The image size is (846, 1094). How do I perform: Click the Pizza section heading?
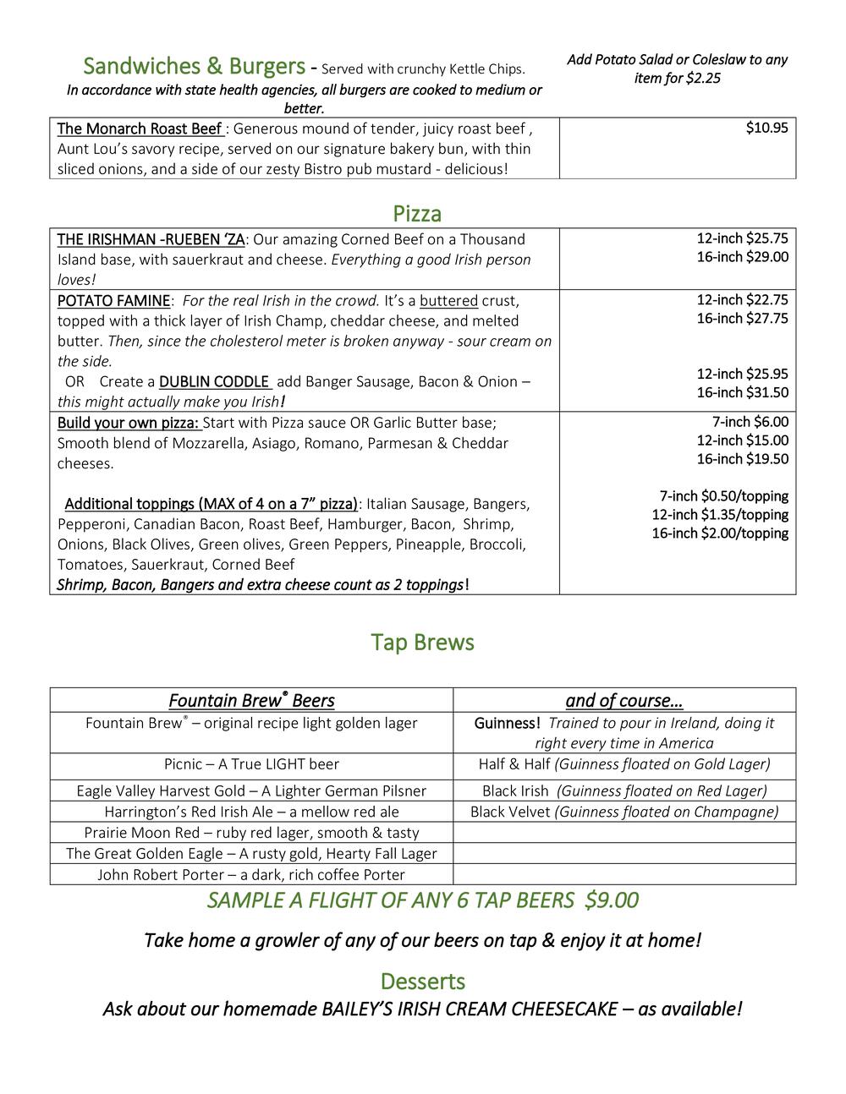(417, 212)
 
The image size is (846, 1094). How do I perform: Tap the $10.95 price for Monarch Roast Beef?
(766, 129)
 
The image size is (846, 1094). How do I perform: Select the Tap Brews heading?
(422, 643)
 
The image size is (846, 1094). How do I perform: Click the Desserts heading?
(422, 982)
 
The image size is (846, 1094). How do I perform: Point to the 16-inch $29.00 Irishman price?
(742, 257)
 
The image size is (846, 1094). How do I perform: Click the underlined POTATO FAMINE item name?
(113, 301)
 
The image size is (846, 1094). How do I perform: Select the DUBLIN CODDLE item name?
(214, 381)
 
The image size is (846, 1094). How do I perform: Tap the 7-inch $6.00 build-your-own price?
(750, 422)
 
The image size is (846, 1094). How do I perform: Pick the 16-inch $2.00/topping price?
(719, 533)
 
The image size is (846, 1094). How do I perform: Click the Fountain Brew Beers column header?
(251, 701)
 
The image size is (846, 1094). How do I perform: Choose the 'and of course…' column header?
(624, 701)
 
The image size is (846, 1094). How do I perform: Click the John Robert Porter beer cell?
(251, 874)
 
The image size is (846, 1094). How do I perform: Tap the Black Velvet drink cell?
(624, 812)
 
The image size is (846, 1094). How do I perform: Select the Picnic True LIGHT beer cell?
(251, 764)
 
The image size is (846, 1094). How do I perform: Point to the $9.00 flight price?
(612, 900)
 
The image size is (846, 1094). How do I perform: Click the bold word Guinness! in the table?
(507, 724)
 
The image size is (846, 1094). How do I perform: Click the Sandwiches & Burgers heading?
(194, 66)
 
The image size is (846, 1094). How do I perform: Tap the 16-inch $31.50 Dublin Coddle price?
(742, 392)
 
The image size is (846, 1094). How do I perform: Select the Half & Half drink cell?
(624, 764)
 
